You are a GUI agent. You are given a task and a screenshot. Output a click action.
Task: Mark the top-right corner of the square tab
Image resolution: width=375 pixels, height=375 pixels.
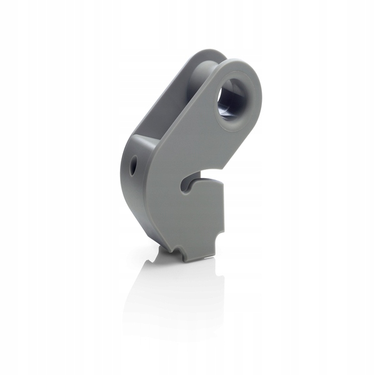(x=222, y=181)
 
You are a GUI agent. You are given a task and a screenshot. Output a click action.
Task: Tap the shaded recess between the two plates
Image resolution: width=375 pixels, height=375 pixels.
(x=162, y=112)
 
